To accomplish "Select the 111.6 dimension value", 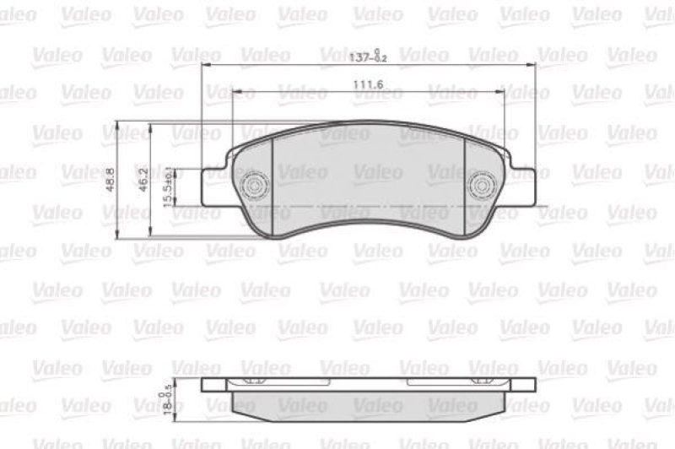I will pos(369,83).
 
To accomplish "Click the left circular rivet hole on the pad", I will pos(255,185).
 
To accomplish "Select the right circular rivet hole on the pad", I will pos(482,185).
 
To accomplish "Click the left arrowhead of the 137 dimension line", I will pos(207,65).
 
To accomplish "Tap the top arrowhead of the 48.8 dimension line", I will pos(119,125).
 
